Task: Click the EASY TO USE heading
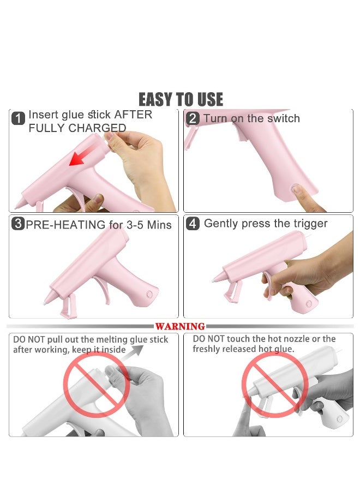(181, 99)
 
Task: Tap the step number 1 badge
(19, 118)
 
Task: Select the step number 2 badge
(193, 118)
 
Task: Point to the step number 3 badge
(18, 224)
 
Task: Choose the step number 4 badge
(193, 224)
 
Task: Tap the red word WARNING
(181, 326)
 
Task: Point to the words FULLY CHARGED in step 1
(77, 129)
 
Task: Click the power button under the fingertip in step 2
(297, 189)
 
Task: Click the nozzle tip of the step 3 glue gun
(45, 301)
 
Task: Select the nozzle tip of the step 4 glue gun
(214, 280)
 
